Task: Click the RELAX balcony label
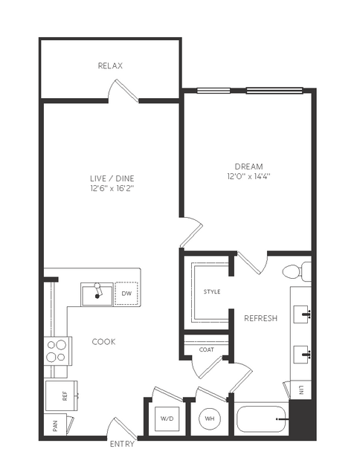tap(110, 65)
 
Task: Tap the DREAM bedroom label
tap(248, 167)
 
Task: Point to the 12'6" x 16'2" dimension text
tap(112, 188)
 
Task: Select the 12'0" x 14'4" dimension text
tap(248, 176)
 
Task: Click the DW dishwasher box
tap(126, 294)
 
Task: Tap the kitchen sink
tap(97, 294)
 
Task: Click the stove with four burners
tap(58, 351)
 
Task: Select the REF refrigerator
tap(61, 396)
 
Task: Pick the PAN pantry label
tap(55, 425)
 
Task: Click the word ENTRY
tap(122, 444)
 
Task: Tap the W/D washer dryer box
tap(167, 419)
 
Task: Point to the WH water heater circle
tap(210, 419)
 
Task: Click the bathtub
tap(261, 419)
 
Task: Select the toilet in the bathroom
tap(297, 271)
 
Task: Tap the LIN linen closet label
tap(301, 390)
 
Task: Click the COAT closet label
tap(207, 349)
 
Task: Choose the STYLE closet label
tap(212, 291)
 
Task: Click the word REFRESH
tap(261, 318)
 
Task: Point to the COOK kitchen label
tap(103, 342)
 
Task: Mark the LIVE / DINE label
tap(112, 178)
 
